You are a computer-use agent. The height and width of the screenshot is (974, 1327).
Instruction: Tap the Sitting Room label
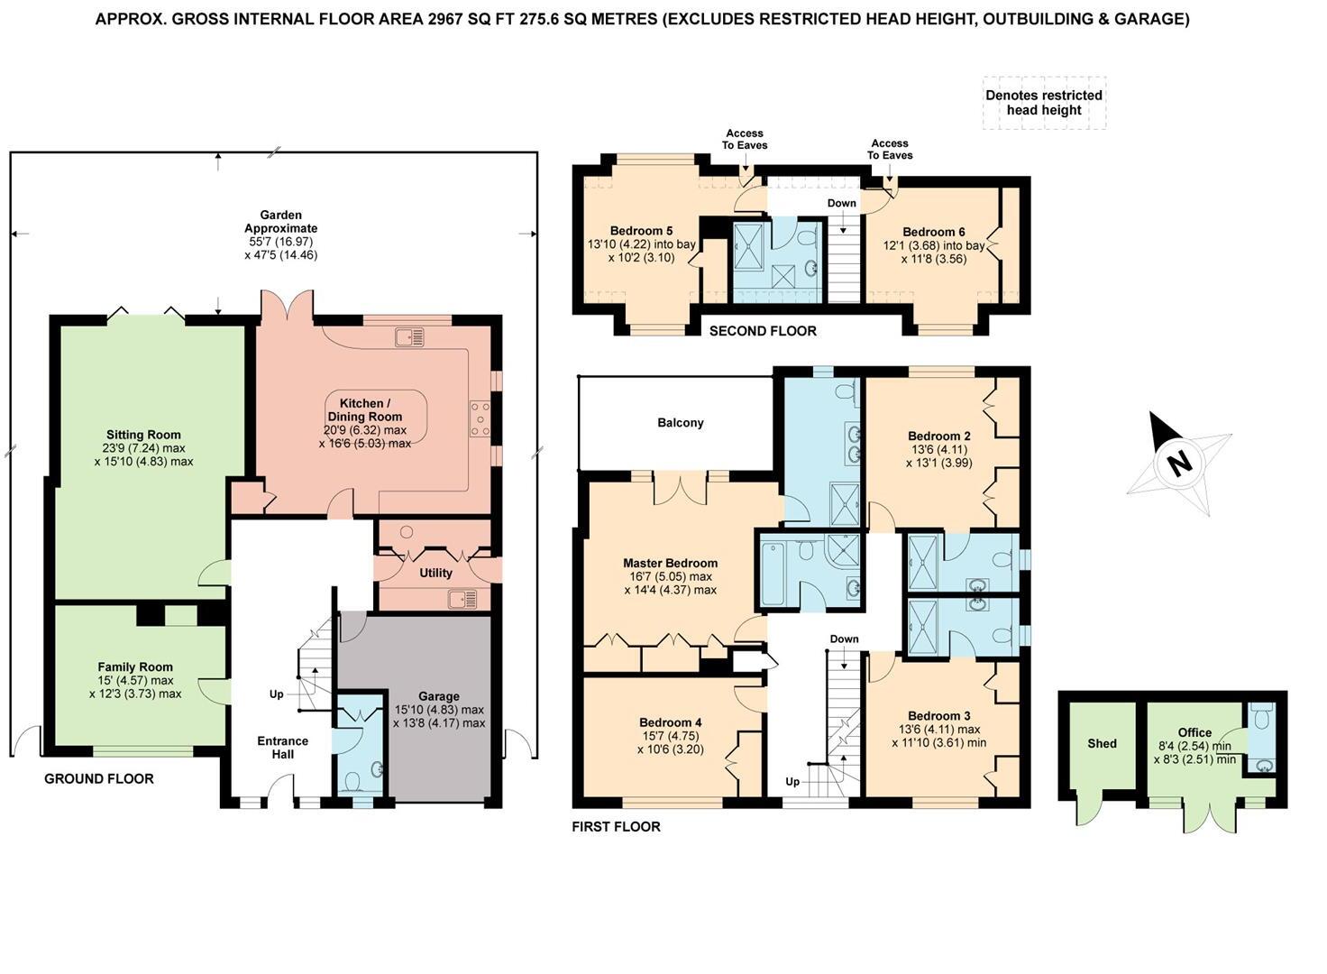click(x=143, y=435)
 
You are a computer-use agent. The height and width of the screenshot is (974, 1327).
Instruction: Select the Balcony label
click(x=680, y=423)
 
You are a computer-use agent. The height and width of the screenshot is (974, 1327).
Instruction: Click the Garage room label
click(x=438, y=696)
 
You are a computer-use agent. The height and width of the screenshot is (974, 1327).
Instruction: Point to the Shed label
click(x=1102, y=744)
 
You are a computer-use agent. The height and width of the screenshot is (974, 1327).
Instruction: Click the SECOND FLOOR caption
click(x=763, y=331)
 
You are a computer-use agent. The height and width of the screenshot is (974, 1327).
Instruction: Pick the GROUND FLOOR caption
click(x=99, y=778)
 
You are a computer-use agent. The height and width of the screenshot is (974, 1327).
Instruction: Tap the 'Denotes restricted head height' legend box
click(x=1044, y=103)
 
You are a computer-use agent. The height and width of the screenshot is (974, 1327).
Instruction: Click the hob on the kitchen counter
click(x=479, y=418)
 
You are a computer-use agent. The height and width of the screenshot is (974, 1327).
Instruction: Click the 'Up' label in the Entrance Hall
click(x=276, y=694)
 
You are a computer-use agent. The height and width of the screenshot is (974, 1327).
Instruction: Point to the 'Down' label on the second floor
click(x=841, y=203)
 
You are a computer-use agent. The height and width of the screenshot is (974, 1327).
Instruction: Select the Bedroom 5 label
click(x=641, y=231)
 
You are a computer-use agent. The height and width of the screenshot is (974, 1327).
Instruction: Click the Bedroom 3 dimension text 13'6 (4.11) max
click(x=938, y=730)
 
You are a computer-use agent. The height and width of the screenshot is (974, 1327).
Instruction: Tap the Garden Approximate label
click(x=280, y=222)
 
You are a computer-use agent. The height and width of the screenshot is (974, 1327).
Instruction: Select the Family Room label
click(x=135, y=667)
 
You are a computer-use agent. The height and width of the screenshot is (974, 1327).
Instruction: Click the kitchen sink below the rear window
click(x=409, y=337)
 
